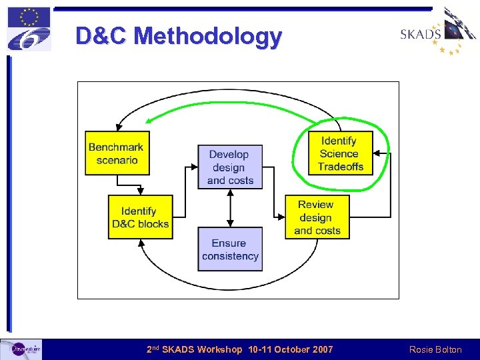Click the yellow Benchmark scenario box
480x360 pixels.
pos(115,153)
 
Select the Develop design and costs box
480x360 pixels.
pos(230,167)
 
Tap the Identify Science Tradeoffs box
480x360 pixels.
pos(340,153)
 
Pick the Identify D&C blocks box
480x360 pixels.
pos(140,217)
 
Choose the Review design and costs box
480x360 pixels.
pos(317,217)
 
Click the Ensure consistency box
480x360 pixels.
pos(230,249)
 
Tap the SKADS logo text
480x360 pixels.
pos(420,34)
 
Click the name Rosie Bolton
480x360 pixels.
pos(435,349)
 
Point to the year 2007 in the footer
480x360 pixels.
pos(322,349)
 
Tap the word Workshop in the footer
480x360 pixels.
pos(220,349)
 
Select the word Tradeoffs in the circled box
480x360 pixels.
pos(341,167)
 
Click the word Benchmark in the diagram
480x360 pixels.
pos(115,147)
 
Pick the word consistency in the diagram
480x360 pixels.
pos(230,256)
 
